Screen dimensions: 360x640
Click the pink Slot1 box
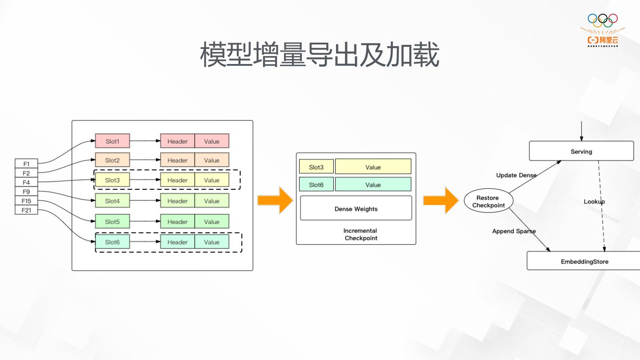(112, 141)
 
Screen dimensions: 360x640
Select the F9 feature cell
(26, 192)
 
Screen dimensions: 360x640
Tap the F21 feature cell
(26, 210)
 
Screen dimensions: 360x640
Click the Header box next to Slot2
(177, 160)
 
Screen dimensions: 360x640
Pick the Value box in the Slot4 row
(212, 201)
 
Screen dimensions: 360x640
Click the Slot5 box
(112, 222)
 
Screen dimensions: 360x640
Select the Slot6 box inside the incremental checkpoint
(316, 184)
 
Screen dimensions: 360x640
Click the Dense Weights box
(356, 208)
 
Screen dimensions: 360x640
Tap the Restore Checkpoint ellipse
(488, 201)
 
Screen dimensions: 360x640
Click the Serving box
(581, 151)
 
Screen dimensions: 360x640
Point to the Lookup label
(594, 202)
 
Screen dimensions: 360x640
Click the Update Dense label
(516, 175)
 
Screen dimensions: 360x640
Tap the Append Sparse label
(514, 231)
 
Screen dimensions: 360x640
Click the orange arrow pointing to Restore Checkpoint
(440, 201)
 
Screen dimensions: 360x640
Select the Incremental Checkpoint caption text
(360, 234)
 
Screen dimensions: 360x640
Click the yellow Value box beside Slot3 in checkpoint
(373, 167)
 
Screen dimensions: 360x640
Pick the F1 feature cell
(26, 164)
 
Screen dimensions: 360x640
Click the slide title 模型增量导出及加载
(320, 55)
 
